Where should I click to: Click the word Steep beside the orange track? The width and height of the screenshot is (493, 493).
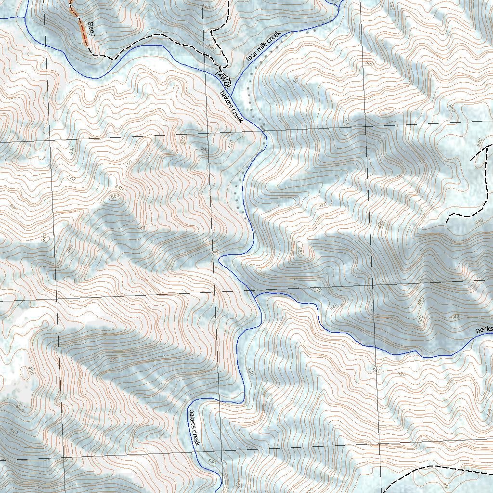(x=90, y=29)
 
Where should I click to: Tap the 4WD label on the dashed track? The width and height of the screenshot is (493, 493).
(x=224, y=78)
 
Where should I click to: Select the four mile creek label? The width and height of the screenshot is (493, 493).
(x=262, y=46)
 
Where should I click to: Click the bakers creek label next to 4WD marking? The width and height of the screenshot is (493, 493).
(x=231, y=106)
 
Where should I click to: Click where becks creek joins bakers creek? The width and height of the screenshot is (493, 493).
(x=255, y=295)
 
